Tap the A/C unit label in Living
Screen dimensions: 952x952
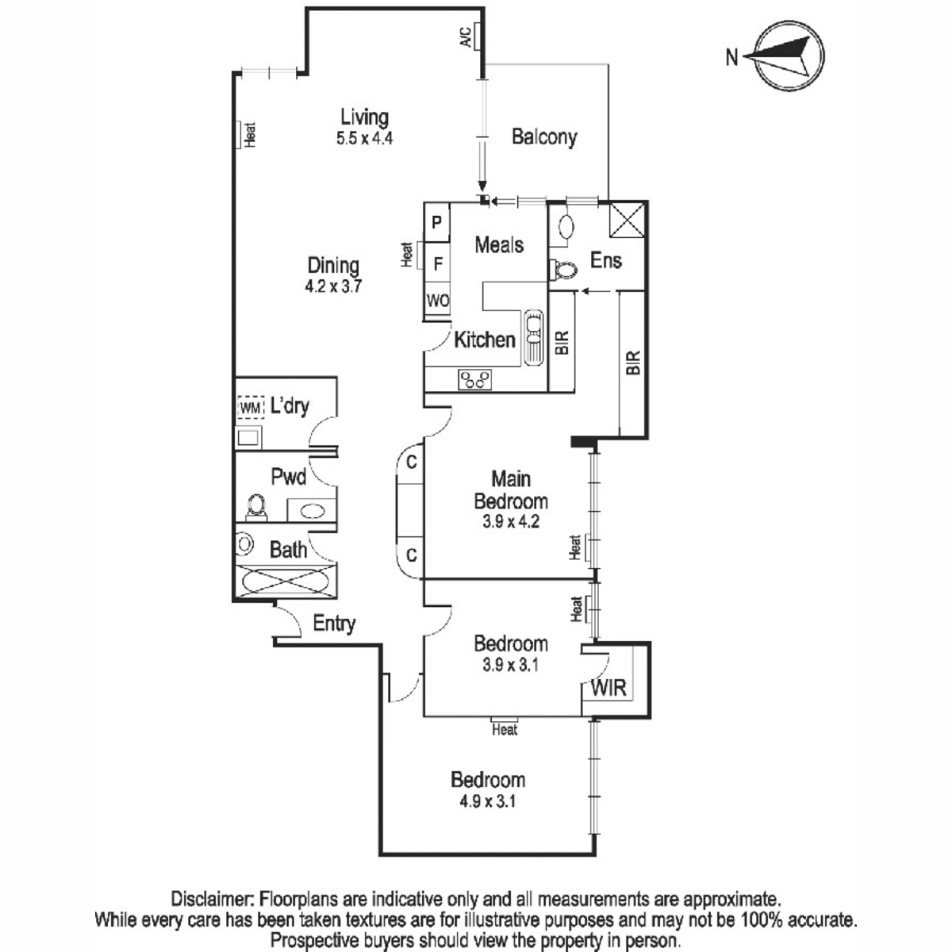point(466,36)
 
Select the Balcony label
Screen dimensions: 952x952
point(544,136)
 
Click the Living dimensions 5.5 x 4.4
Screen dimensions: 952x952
point(365,138)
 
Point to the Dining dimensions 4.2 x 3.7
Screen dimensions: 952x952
point(333,286)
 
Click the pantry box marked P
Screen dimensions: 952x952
point(436,222)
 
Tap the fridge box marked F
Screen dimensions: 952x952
point(437,264)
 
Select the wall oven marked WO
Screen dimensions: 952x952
point(437,301)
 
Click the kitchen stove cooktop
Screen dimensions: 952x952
point(474,379)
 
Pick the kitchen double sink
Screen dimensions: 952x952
point(533,338)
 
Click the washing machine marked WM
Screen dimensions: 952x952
point(250,408)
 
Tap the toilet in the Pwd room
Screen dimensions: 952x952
point(256,506)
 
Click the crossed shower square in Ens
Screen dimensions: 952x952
point(627,220)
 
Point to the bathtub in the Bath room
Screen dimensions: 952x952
point(286,582)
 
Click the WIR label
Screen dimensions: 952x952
point(608,688)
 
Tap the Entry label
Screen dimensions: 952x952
point(334,624)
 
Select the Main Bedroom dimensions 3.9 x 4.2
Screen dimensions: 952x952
point(511,522)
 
